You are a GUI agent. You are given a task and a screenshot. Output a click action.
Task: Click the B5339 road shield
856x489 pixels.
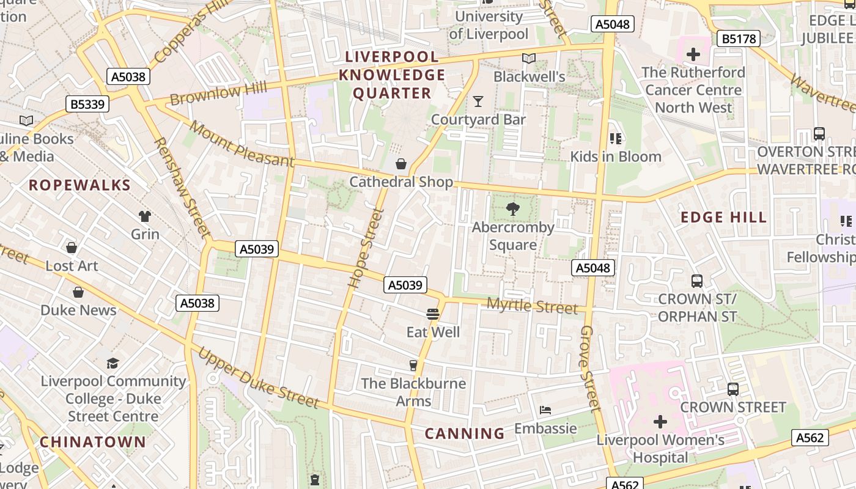pyautogui.click(x=87, y=104)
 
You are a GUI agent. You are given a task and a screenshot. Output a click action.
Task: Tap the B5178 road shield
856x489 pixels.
pyautogui.click(x=738, y=39)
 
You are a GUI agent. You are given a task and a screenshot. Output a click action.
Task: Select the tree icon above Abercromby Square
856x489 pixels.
pyautogui.click(x=513, y=209)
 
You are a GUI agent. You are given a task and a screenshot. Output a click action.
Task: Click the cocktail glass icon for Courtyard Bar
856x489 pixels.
pyautogui.click(x=478, y=101)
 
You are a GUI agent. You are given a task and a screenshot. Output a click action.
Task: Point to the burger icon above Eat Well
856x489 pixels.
pyautogui.click(x=433, y=314)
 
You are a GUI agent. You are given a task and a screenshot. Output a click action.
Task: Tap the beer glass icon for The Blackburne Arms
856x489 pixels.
pyautogui.click(x=413, y=366)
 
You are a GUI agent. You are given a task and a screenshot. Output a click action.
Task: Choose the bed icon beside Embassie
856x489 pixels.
pyautogui.click(x=545, y=410)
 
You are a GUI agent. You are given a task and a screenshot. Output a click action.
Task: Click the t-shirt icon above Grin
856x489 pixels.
pyautogui.click(x=145, y=216)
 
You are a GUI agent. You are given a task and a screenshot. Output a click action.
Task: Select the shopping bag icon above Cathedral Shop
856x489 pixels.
pyautogui.click(x=401, y=164)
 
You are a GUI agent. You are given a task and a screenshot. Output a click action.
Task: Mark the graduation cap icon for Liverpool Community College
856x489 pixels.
pyautogui.click(x=113, y=364)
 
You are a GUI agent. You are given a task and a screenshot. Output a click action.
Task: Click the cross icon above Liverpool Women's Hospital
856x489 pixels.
pyautogui.click(x=660, y=422)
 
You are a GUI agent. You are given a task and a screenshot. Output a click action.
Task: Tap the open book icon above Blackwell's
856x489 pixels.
pyautogui.click(x=529, y=59)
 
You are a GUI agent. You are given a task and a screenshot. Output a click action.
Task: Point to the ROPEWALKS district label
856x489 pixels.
pyautogui.click(x=79, y=185)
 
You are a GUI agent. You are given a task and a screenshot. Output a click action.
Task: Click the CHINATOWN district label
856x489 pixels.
pyautogui.click(x=93, y=442)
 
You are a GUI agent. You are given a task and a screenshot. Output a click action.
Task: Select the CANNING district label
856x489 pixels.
pyautogui.click(x=465, y=434)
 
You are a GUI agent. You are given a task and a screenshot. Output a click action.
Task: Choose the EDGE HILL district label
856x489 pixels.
pyautogui.click(x=723, y=218)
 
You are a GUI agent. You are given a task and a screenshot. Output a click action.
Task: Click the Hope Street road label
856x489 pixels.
pyautogui.click(x=366, y=248)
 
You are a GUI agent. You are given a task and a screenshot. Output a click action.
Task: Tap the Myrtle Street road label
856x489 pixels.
pyautogui.click(x=532, y=306)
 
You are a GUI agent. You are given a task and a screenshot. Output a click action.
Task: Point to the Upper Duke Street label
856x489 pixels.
pyautogui.click(x=258, y=378)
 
